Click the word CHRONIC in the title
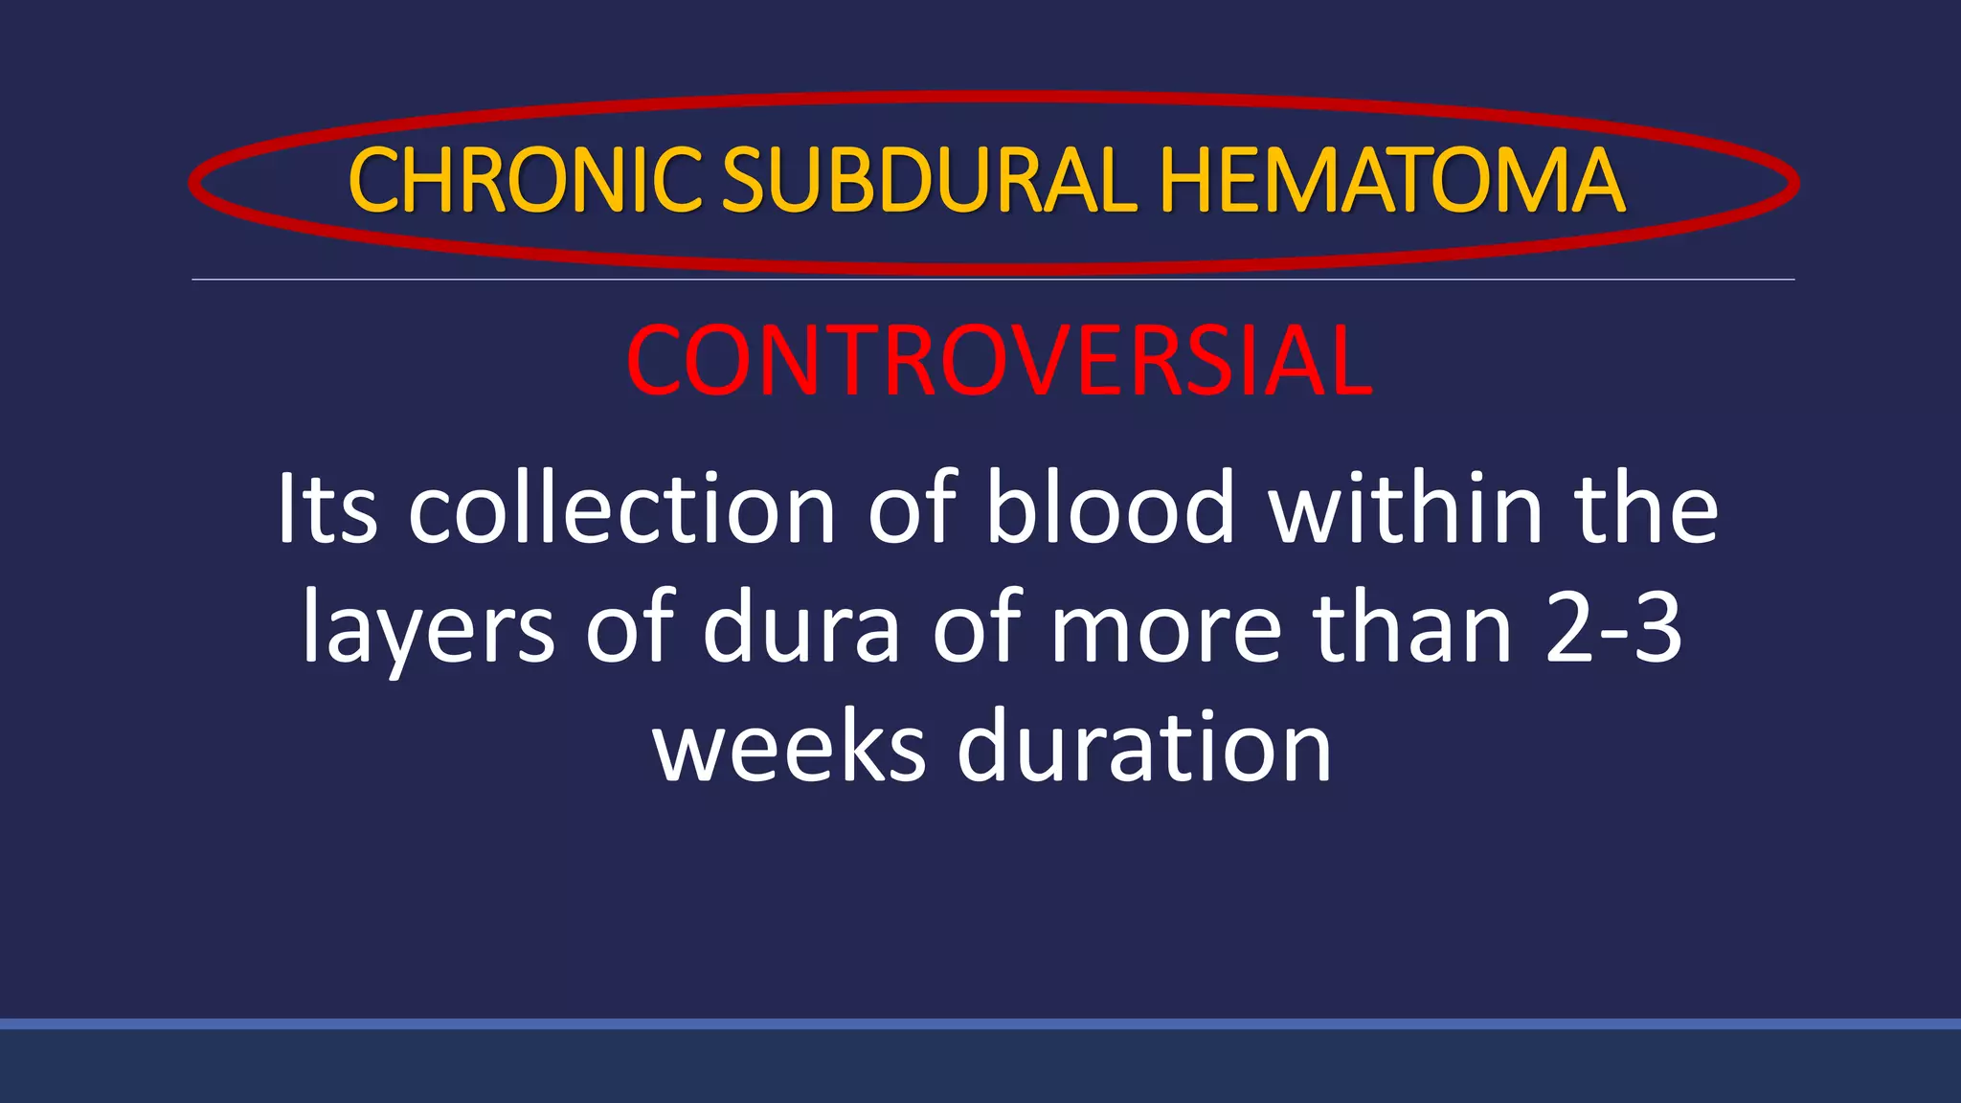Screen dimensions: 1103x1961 tap(526, 181)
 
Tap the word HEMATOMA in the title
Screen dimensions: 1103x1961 tap(1391, 181)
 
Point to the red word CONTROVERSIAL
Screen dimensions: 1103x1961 tap(999, 361)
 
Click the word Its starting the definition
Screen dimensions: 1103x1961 tap(327, 509)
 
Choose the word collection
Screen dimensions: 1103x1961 tap(622, 509)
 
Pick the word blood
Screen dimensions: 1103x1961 tap(1111, 509)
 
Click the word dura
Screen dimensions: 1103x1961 tap(801, 629)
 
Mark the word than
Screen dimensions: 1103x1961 tap(1412, 629)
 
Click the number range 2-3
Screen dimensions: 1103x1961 tap(1614, 629)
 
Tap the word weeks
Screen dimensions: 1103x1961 tap(790, 748)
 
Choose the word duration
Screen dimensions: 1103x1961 tap(1144, 748)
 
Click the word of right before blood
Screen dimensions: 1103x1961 tap(913, 509)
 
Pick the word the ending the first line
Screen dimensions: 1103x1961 tap(1646, 509)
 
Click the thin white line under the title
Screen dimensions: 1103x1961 tap(993, 280)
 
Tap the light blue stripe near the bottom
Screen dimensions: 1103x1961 tap(980, 1024)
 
